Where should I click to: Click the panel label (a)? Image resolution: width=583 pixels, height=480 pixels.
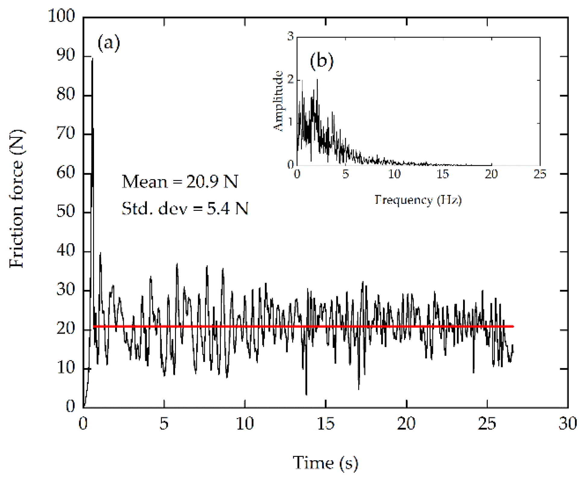[108, 43]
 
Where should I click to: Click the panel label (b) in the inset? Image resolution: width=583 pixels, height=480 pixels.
[321, 61]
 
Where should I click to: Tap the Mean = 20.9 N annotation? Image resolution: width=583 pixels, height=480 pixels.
[180, 182]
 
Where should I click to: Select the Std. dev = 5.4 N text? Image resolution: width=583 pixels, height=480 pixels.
[185, 208]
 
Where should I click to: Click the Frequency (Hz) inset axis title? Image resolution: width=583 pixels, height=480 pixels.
[418, 200]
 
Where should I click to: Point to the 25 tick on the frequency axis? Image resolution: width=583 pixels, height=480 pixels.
[540, 174]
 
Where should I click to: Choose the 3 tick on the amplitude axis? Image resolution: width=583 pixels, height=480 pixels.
[290, 36]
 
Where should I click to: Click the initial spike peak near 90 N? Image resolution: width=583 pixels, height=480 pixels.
[92, 59]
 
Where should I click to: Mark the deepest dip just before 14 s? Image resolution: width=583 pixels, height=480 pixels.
[306, 394]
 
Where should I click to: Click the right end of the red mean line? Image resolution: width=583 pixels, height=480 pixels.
[513, 326]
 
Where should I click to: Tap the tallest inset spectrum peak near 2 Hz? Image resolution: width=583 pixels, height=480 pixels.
[317, 80]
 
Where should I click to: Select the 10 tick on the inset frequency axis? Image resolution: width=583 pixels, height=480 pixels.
[394, 174]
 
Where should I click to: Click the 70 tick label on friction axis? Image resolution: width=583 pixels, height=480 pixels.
[65, 133]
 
